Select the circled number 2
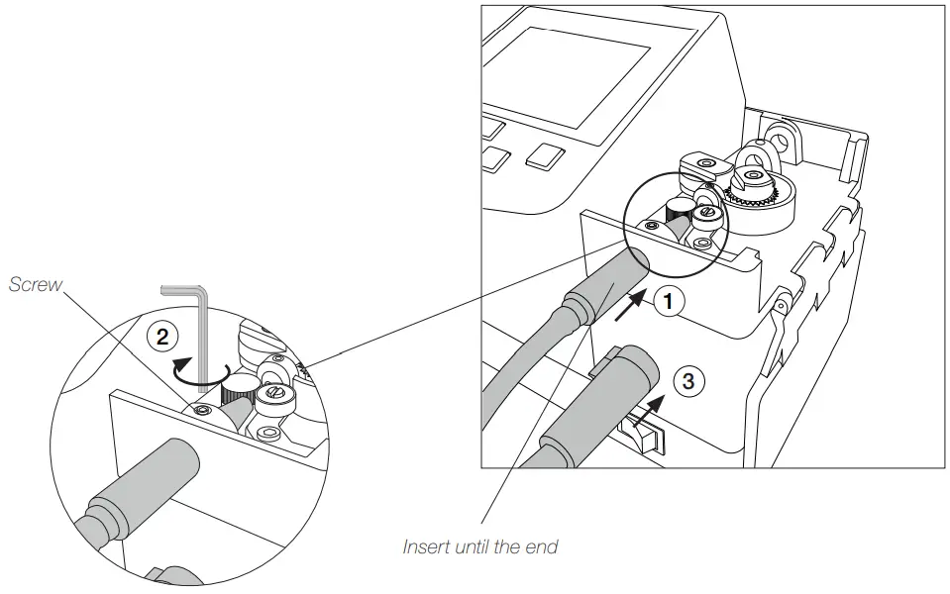[158, 335]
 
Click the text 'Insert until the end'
[480, 545]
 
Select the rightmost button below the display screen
[546, 155]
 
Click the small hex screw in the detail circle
[202, 411]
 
